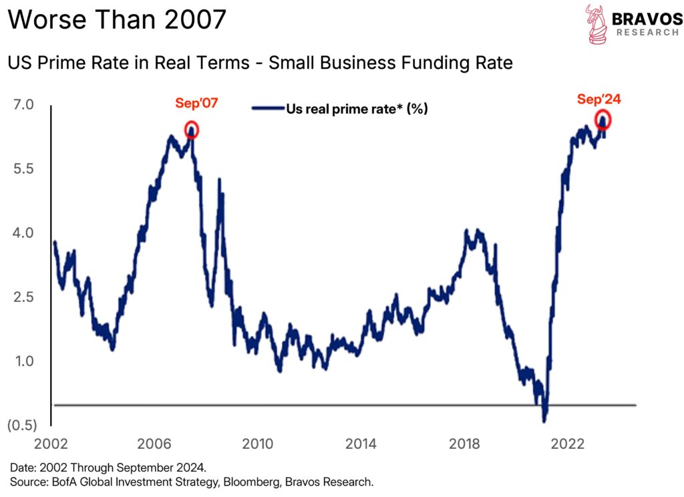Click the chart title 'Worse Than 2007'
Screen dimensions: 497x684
pos(117,20)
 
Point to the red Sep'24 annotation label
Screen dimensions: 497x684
pos(598,100)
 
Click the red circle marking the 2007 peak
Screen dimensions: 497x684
pos(192,130)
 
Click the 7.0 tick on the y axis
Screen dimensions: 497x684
pos(23,105)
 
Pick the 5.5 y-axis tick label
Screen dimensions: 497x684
pos(23,169)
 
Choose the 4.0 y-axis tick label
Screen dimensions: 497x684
pos(23,233)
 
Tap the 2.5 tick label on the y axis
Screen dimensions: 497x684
pos(23,297)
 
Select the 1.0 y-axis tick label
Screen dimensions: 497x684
pos(23,361)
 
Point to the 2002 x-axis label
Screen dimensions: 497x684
pos(53,444)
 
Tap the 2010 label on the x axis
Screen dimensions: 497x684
pos(259,444)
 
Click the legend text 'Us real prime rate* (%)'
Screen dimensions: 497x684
pos(357,109)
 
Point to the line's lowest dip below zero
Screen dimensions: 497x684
pos(544,420)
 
